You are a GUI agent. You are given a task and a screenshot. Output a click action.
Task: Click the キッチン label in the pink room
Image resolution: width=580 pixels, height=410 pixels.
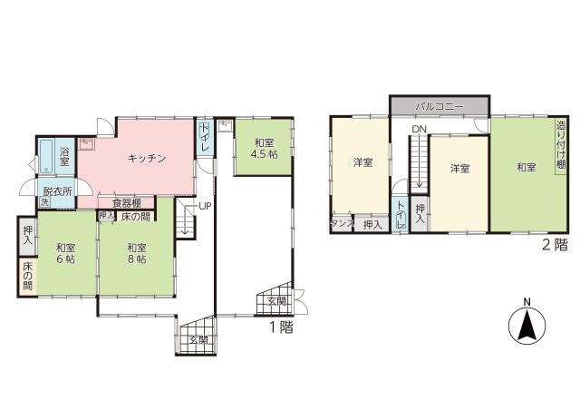click(146, 158)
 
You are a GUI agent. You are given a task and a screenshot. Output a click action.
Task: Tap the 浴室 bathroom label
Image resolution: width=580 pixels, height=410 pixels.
click(65, 158)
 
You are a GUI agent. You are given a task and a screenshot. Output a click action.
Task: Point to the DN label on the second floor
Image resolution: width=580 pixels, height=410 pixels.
click(418, 130)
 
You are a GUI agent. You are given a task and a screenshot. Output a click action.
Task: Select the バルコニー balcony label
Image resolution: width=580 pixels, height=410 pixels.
click(440, 106)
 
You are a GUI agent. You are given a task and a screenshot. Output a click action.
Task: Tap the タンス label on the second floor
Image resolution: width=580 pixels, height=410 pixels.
click(342, 223)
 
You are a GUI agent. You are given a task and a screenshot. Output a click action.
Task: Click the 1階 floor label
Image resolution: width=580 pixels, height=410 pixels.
click(281, 329)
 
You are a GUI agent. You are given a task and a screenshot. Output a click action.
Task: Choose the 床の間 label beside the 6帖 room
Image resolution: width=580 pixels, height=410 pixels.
click(27, 277)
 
